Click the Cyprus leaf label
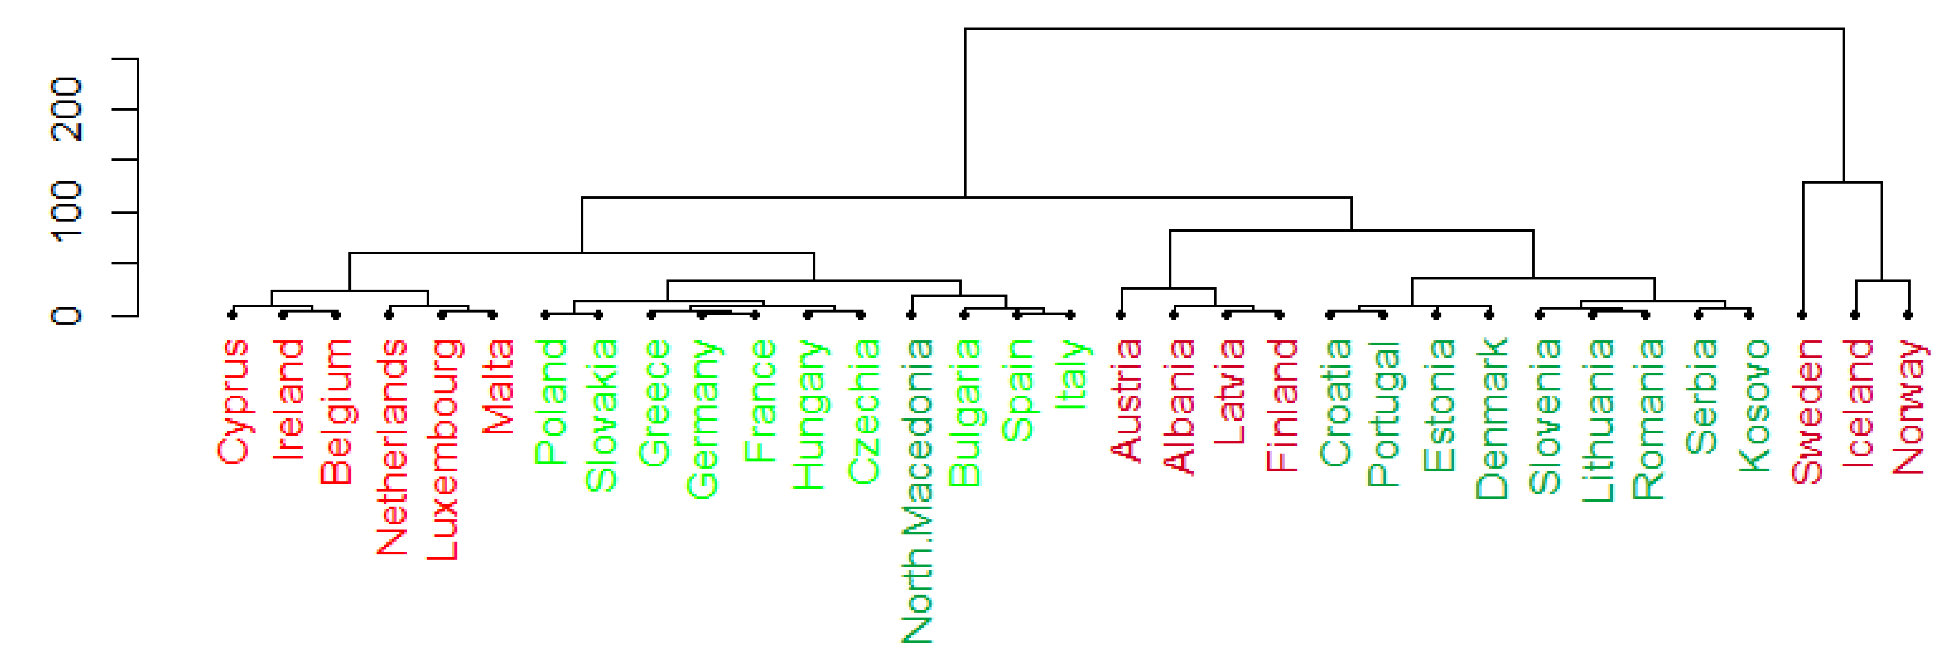(233, 401)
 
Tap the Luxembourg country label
(443, 450)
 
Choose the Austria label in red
(1126, 400)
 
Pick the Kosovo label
(1753, 405)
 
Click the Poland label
(551, 401)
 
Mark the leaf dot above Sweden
(1803, 314)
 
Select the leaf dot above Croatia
(1330, 314)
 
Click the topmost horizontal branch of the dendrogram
(1404, 29)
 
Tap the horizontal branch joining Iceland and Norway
(1883, 281)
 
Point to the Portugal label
(1385, 413)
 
